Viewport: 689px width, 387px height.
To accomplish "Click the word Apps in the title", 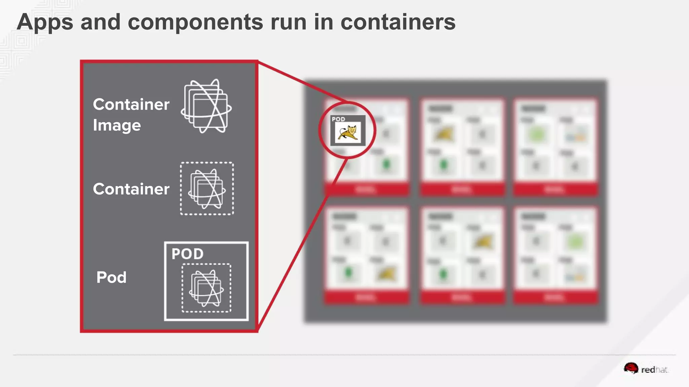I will (45, 22).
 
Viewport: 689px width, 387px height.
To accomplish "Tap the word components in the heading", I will (195, 22).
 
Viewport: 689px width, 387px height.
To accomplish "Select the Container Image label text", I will (131, 115).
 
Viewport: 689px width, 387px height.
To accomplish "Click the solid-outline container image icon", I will (206, 106).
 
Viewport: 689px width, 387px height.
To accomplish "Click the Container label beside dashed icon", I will (131, 189).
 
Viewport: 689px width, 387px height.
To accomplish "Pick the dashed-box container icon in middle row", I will (207, 188).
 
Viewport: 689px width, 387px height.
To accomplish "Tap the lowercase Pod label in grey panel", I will (111, 277).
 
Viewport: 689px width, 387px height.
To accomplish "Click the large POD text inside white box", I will (187, 254).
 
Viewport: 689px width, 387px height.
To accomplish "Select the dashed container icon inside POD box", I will (206, 288).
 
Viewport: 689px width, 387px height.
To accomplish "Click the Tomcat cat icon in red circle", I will (348, 133).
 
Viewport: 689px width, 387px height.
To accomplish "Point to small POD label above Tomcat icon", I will (338, 119).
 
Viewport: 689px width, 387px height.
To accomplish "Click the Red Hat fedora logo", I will (631, 369).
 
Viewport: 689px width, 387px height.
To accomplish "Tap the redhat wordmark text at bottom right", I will (654, 370).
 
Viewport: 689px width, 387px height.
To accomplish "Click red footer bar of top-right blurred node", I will (555, 190).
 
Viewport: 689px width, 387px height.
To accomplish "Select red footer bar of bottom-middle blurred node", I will (462, 298).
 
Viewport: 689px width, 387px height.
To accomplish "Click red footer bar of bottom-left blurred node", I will (366, 298).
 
